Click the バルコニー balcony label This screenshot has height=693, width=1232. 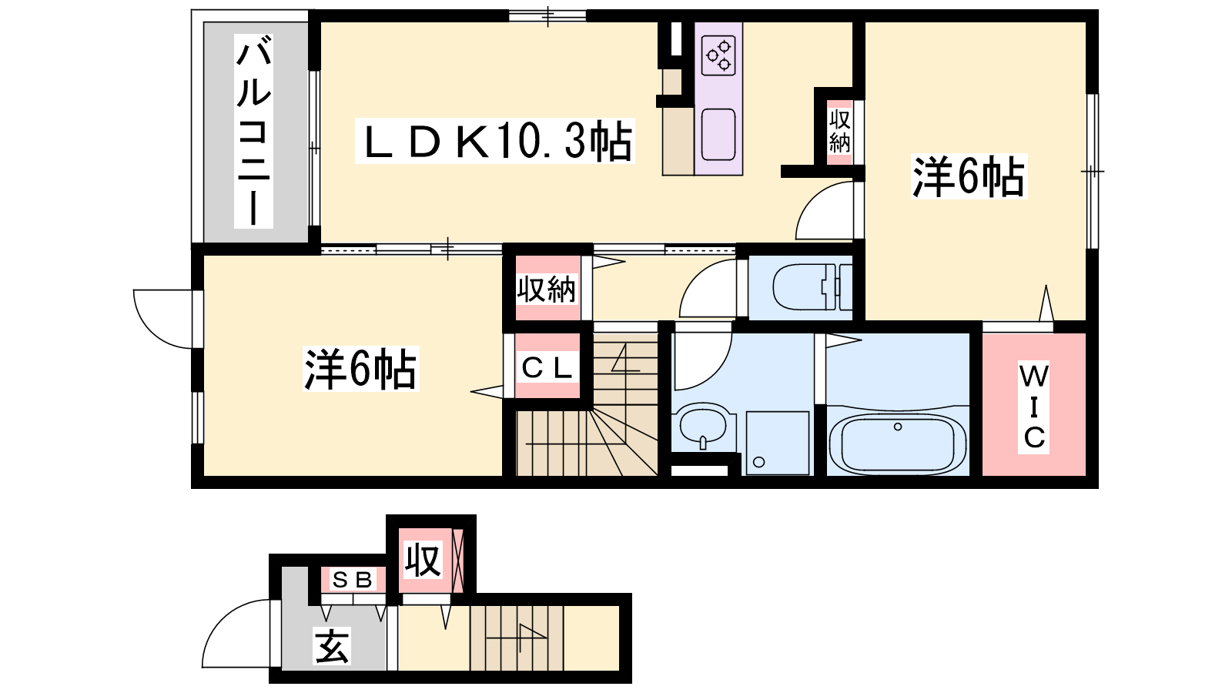coord(253,131)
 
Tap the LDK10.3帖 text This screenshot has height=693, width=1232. coord(495,141)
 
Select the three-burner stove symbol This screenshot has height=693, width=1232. coord(719,55)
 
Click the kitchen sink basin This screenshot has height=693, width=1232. coord(718,134)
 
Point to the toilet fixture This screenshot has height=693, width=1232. coord(812,287)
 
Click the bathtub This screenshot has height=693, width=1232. coord(898,444)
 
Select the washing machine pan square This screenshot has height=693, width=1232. coord(777,443)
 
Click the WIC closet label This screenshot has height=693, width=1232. coord(1033,407)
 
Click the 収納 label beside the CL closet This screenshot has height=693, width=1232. coord(546,290)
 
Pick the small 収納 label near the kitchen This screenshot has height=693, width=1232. coord(840,131)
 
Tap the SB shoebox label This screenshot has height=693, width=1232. coord(353,580)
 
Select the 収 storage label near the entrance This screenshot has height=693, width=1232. coord(423,561)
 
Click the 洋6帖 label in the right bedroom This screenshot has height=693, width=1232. coord(969,176)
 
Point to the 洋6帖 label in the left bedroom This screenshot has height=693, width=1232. coord(360,369)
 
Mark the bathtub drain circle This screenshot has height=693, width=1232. coord(898,427)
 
